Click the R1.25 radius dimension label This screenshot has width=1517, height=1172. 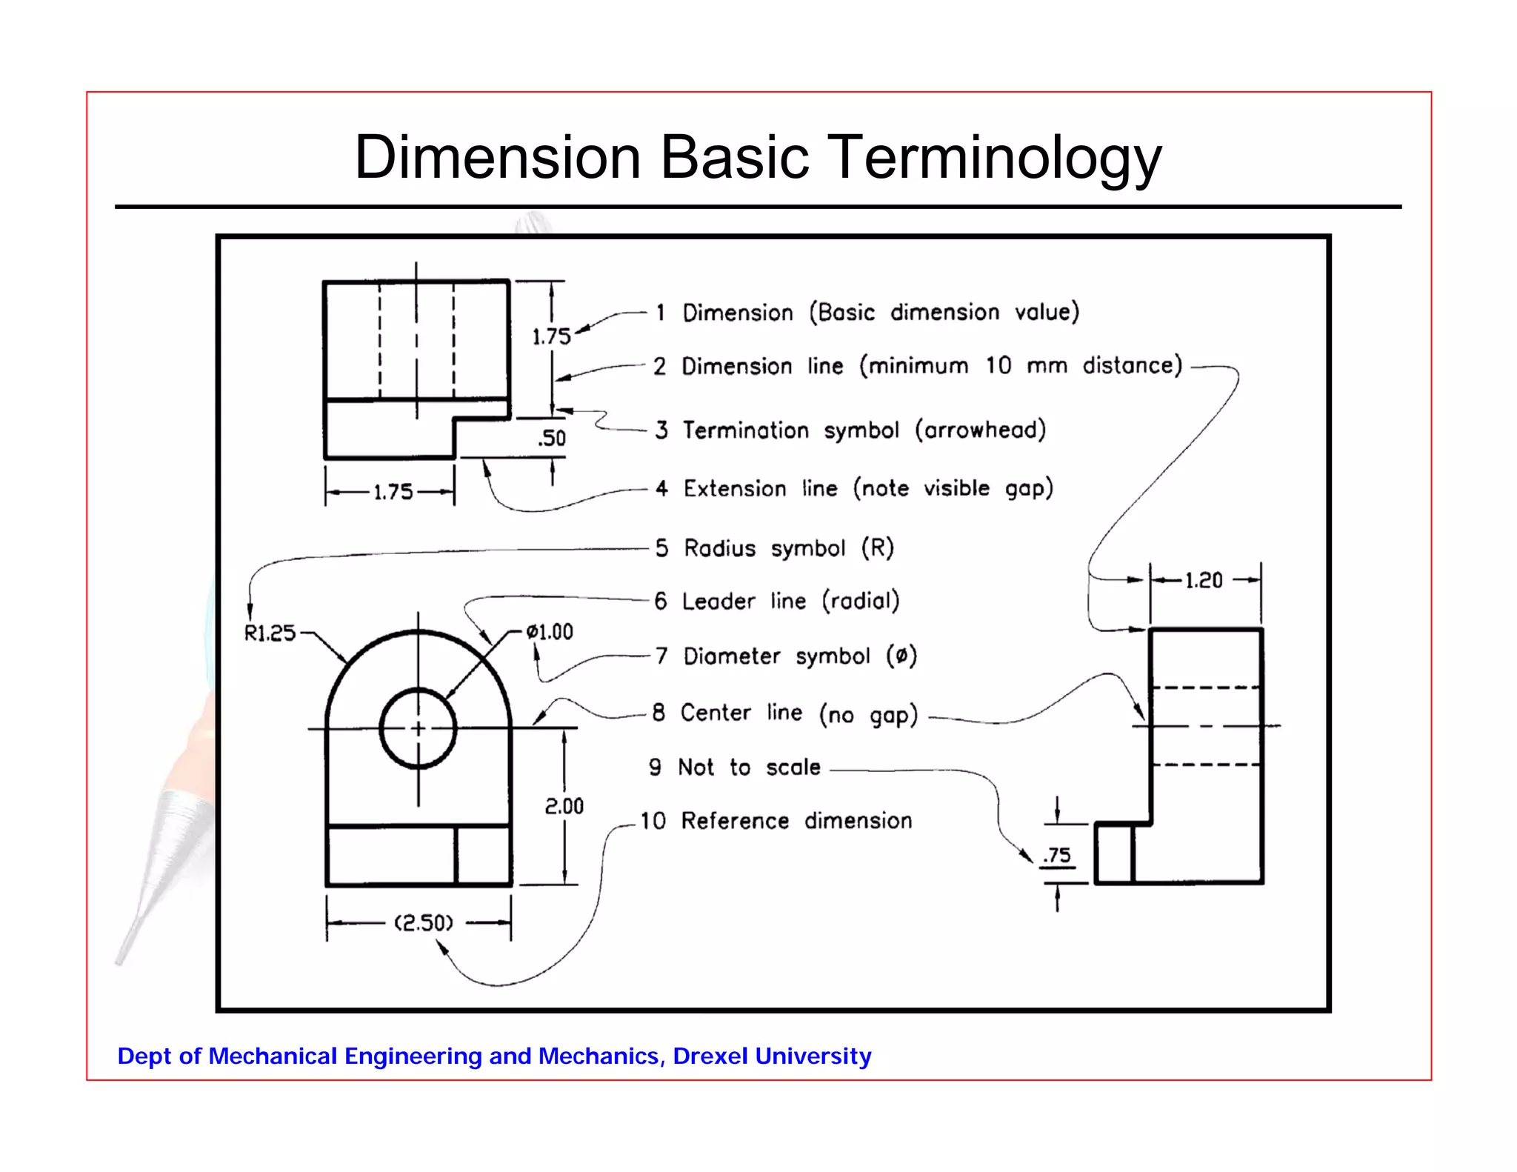[x=270, y=633]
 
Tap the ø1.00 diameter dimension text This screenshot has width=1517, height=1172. [x=550, y=632]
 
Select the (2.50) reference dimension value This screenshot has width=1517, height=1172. [x=423, y=923]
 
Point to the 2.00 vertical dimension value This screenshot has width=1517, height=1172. [x=564, y=806]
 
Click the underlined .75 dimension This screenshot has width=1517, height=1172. [x=1057, y=856]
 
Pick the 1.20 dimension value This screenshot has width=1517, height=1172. [x=1204, y=580]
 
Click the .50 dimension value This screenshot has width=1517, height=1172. [x=552, y=438]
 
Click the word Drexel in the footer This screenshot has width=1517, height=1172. [x=710, y=1056]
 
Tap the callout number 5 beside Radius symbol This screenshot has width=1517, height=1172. [x=661, y=548]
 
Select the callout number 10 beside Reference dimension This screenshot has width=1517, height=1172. [x=653, y=821]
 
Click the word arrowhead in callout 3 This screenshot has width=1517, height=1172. [x=981, y=430]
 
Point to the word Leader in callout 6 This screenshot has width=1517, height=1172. [x=719, y=601]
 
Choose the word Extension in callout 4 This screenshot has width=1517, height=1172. [x=735, y=489]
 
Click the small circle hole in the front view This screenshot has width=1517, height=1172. [x=418, y=728]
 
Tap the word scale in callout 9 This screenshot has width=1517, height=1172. [x=793, y=768]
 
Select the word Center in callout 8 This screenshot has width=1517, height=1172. [x=716, y=713]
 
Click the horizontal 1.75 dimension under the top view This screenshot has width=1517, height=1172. [x=393, y=492]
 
